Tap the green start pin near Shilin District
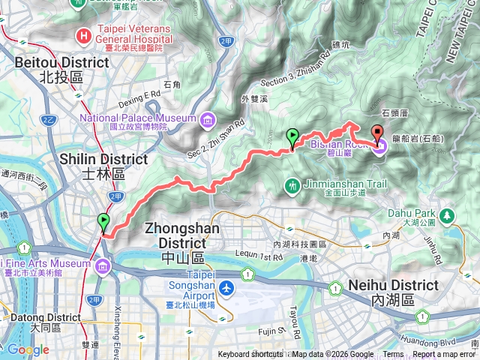(103, 223)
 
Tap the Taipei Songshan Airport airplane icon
(227, 288)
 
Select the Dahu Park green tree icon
(448, 216)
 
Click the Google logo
(28, 349)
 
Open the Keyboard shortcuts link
(251, 355)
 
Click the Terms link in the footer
(393, 355)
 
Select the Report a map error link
(445, 355)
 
